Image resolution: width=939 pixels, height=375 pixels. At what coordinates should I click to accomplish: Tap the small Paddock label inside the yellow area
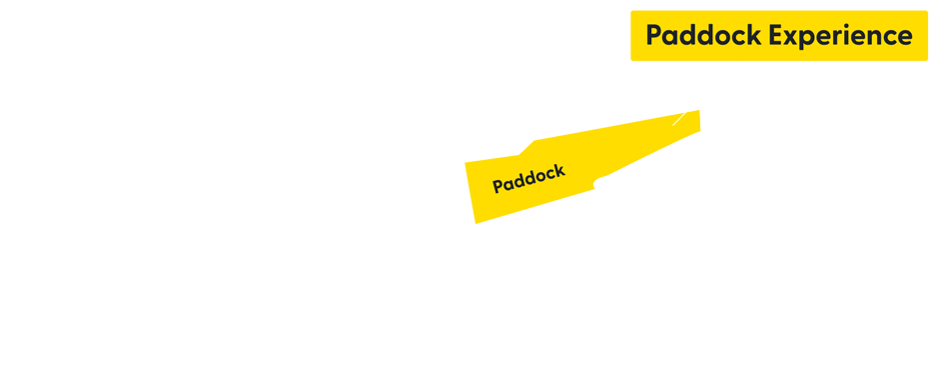point(528,178)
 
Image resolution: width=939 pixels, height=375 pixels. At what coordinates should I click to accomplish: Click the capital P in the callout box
point(654,36)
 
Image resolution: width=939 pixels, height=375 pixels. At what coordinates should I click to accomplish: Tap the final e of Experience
point(904,38)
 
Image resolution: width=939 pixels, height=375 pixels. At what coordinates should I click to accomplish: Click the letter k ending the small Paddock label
point(560,170)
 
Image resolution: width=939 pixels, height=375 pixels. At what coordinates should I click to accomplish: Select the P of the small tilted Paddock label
point(497,187)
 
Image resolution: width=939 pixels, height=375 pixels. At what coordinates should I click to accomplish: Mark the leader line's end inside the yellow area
point(675,124)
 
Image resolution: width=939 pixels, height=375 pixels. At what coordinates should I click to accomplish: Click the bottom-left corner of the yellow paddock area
point(474,223)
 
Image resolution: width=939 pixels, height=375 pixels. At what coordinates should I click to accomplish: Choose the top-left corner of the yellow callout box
point(631,12)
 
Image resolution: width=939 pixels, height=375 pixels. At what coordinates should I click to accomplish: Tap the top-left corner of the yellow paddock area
point(466,162)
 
